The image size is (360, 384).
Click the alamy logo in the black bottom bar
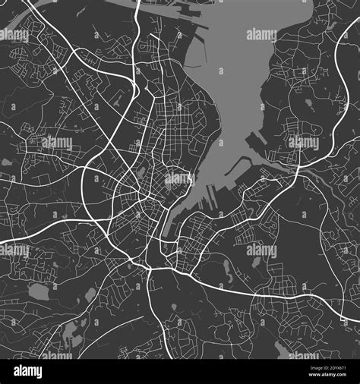click(x=29, y=372)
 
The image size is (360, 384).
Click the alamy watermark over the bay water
click(x=261, y=35)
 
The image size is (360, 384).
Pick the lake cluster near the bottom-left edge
click(x=72, y=331)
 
